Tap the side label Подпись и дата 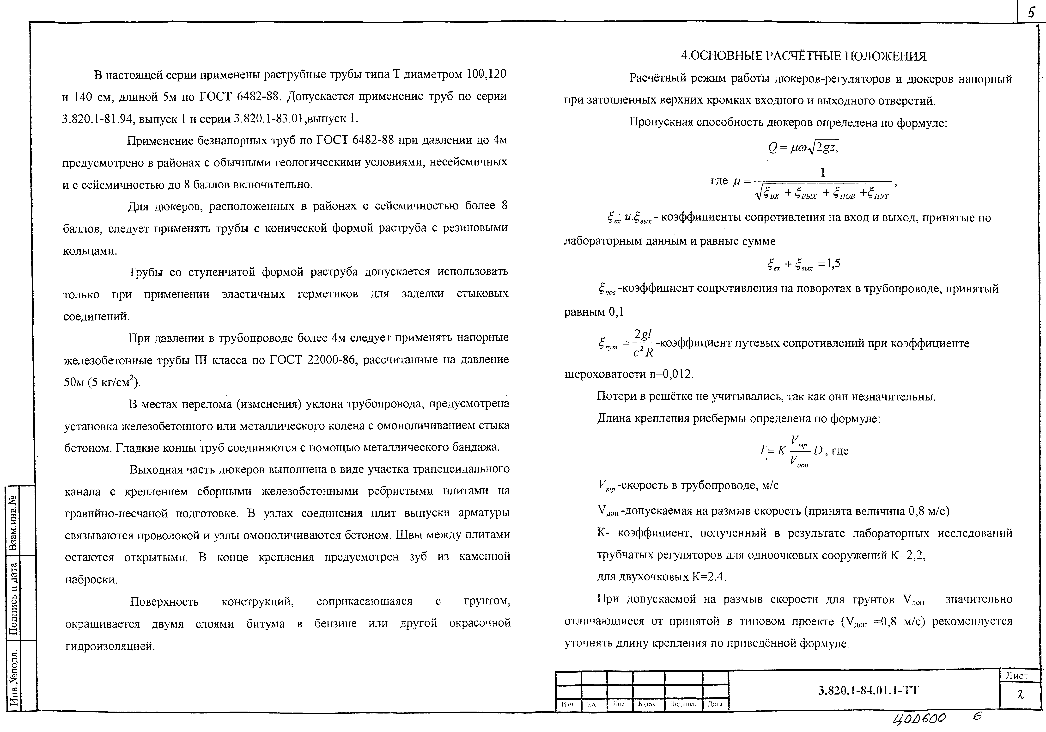pyautogui.click(x=14, y=598)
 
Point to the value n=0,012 pyautogui.click(x=670, y=374)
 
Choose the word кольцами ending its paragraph pyautogui.click(x=89, y=251)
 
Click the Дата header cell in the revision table pyautogui.click(x=715, y=704)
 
